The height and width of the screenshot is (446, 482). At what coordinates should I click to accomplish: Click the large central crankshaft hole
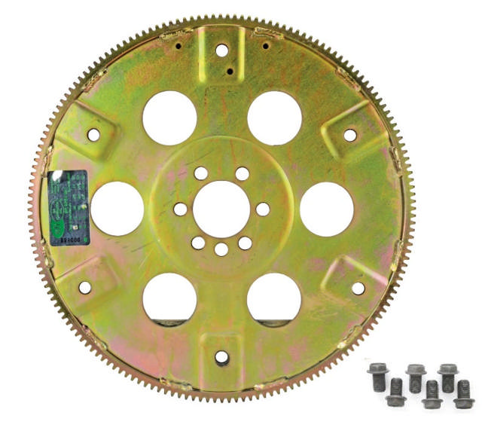click(x=221, y=208)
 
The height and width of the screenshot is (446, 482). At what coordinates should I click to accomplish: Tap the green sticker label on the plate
click(x=68, y=207)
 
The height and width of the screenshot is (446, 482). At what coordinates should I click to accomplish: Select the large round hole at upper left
click(x=169, y=118)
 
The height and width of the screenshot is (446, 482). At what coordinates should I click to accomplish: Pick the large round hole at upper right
click(x=274, y=118)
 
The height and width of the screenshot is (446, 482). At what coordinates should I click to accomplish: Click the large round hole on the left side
click(x=117, y=208)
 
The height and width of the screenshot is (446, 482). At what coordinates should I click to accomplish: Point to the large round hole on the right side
click(x=326, y=208)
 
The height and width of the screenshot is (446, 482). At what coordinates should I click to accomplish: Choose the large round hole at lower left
click(x=169, y=298)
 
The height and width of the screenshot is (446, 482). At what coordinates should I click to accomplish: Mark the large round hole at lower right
click(x=274, y=298)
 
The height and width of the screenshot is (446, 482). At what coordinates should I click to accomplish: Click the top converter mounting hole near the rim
click(x=221, y=50)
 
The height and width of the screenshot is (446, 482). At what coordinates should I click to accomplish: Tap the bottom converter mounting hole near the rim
click(x=221, y=357)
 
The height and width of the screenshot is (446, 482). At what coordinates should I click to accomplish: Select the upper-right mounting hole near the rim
click(x=349, y=135)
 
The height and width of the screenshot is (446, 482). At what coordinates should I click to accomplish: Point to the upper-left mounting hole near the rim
click(x=93, y=135)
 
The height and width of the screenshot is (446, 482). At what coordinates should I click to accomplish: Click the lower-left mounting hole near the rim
click(x=84, y=287)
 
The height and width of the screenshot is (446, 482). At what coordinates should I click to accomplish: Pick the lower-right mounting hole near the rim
click(x=358, y=288)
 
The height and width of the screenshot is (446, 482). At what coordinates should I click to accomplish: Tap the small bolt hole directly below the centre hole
click(x=221, y=249)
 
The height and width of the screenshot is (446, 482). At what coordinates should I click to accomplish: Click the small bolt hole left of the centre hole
click(x=181, y=209)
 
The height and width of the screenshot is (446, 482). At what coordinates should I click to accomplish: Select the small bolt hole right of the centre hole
click(x=262, y=209)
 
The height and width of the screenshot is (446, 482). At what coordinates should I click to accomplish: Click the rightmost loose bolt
click(x=464, y=394)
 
